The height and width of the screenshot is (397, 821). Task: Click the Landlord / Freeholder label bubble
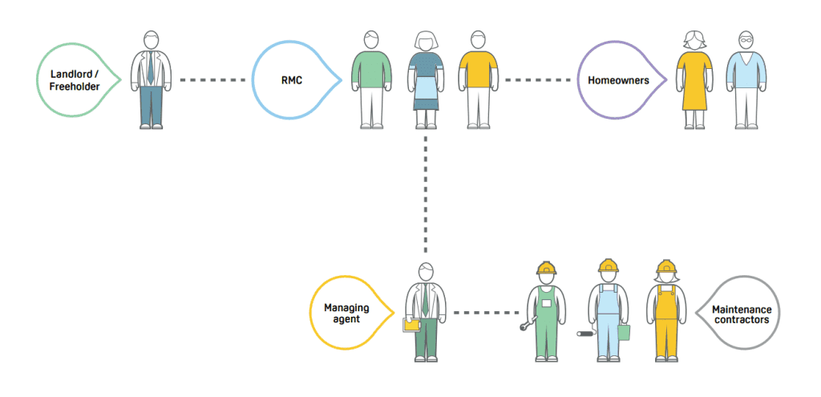[x=75, y=79]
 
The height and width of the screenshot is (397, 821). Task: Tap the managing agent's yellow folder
[x=411, y=325]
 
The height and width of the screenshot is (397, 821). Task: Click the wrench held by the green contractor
[x=527, y=324]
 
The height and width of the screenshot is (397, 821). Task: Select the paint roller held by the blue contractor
[x=585, y=332]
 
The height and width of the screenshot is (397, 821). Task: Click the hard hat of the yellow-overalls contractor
[x=665, y=267]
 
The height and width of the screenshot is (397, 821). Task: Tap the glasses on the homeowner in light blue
[x=746, y=39]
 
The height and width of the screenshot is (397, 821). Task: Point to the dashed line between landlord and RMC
[x=212, y=79]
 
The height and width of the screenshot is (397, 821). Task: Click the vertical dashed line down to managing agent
[x=425, y=192]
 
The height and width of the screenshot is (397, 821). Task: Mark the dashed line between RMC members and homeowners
[x=541, y=79]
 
